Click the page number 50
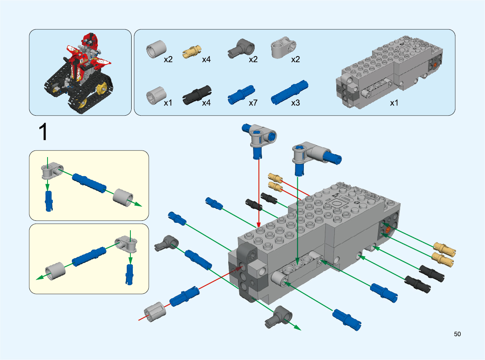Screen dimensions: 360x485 [458, 334]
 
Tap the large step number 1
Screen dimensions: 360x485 [43, 132]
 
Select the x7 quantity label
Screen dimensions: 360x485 [254, 103]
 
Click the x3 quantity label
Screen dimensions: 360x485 [296, 103]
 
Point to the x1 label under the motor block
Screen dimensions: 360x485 [394, 103]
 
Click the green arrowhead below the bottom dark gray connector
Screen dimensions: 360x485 [298, 328]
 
